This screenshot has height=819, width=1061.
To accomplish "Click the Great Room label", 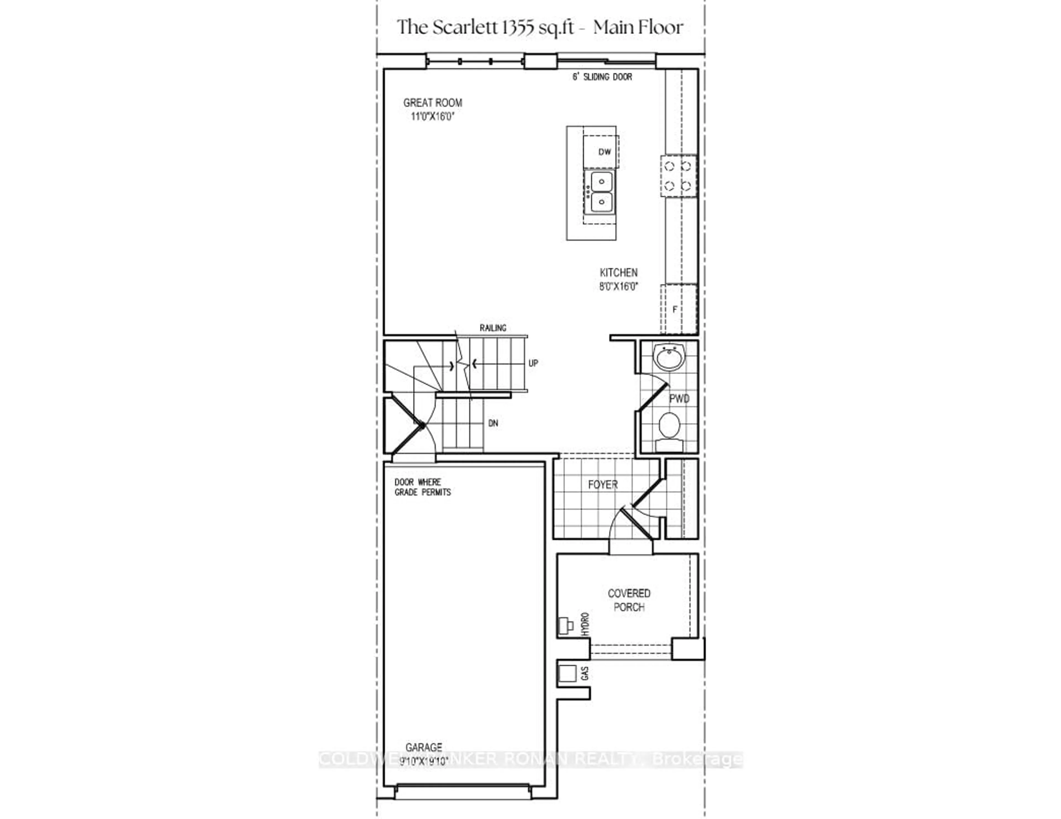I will pyautogui.click(x=432, y=103).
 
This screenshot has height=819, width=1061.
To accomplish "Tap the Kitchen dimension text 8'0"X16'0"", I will pyautogui.click(x=618, y=287).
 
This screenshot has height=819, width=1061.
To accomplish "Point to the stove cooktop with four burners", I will pyautogui.click(x=678, y=176).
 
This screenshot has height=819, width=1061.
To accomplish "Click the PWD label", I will pyautogui.click(x=679, y=399).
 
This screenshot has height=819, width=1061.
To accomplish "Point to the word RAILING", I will pyautogui.click(x=493, y=328).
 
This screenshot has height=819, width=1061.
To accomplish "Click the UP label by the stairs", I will pyautogui.click(x=533, y=363).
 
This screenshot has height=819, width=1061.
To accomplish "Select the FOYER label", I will pyautogui.click(x=602, y=485).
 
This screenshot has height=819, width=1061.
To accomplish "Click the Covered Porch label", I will pyautogui.click(x=629, y=600).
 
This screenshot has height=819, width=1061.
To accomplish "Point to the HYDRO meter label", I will pyautogui.click(x=585, y=624).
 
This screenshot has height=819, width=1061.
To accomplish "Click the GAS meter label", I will pyautogui.click(x=585, y=673).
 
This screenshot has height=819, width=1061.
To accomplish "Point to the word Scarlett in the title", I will pyautogui.click(x=465, y=27).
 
